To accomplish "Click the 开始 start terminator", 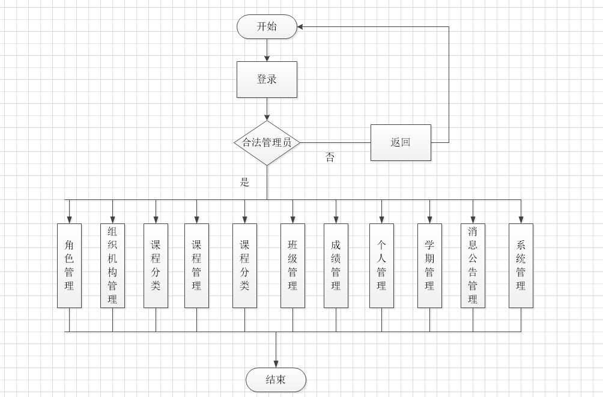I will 267,27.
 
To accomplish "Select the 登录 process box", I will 267,79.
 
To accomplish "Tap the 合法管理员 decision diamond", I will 267,143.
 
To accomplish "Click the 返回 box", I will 401,142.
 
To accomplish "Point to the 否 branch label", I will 330,157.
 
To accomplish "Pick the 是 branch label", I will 244,183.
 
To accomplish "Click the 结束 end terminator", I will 276,380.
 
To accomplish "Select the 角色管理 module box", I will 69,265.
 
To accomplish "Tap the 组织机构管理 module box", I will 112,265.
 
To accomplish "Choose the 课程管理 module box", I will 196,265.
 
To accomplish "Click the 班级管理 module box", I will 292,265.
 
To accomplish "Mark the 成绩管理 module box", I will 336,265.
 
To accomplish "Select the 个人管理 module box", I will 381,265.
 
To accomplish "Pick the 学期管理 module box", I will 429,265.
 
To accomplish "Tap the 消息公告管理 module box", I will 473,265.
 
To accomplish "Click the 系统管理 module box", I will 521,265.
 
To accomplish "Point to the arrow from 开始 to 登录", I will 267,50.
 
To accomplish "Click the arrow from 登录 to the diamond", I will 267,109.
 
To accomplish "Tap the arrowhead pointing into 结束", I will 276,363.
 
